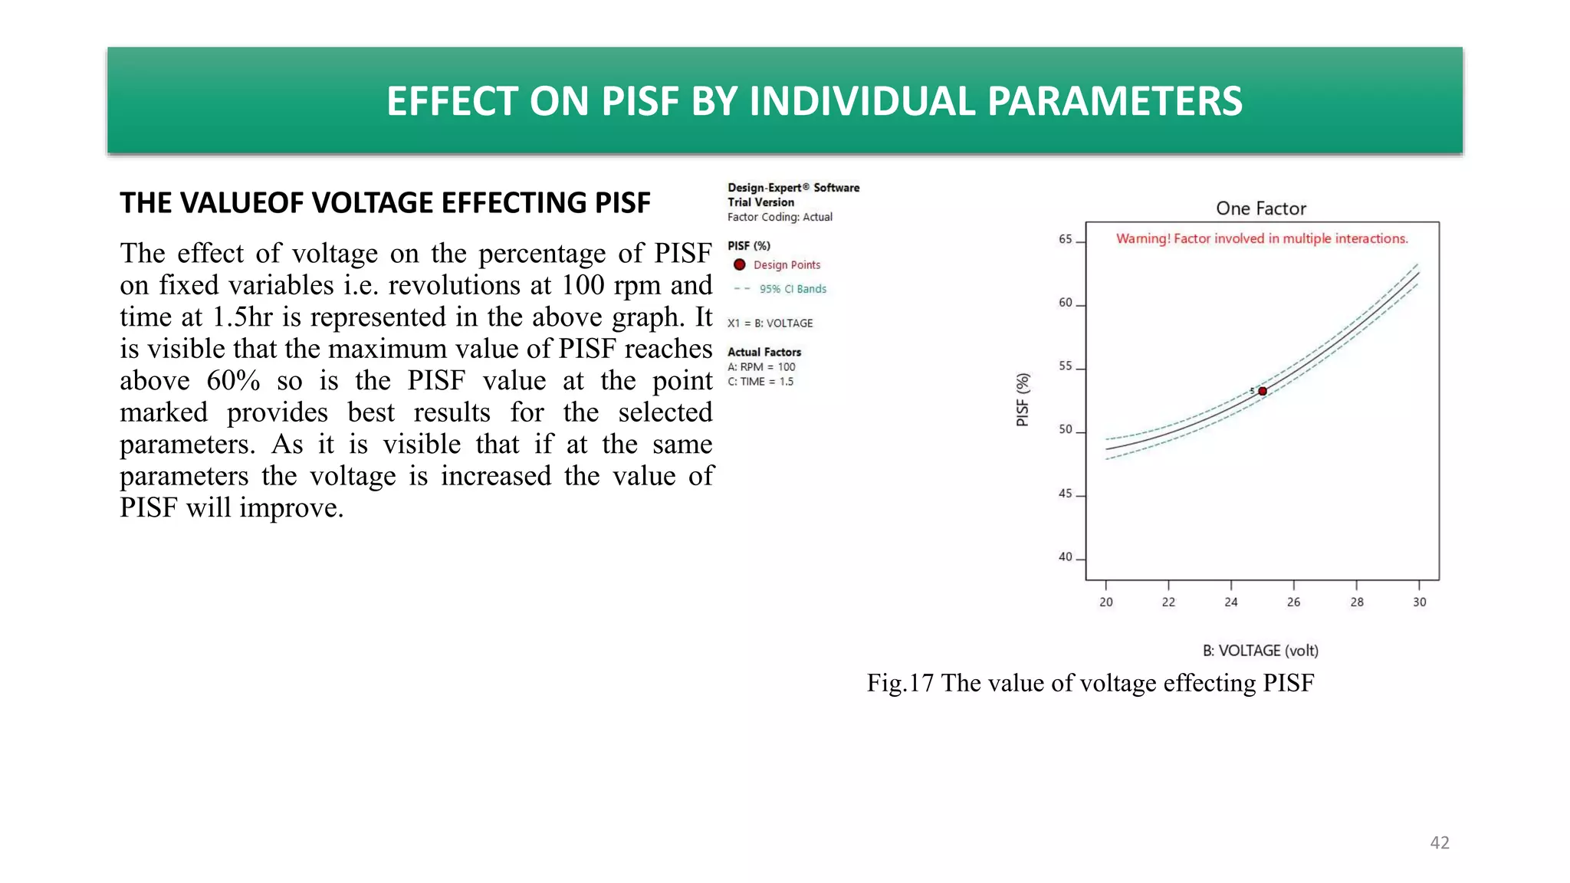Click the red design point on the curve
coord(1263,391)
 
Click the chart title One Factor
coord(1261,208)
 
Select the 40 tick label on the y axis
coord(1066,557)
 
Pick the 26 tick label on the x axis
coord(1294,602)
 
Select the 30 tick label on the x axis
coord(1420,602)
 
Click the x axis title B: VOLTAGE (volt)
coord(1261,651)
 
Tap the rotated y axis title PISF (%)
coord(1023,399)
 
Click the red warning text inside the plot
coord(1262,238)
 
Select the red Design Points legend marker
coord(740,264)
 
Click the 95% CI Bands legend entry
coord(793,289)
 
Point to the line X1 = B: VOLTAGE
coord(770,323)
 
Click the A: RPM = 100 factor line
coord(761,367)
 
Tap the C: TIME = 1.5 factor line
coord(760,382)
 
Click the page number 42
coord(1440,842)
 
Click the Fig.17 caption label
coord(900,683)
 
